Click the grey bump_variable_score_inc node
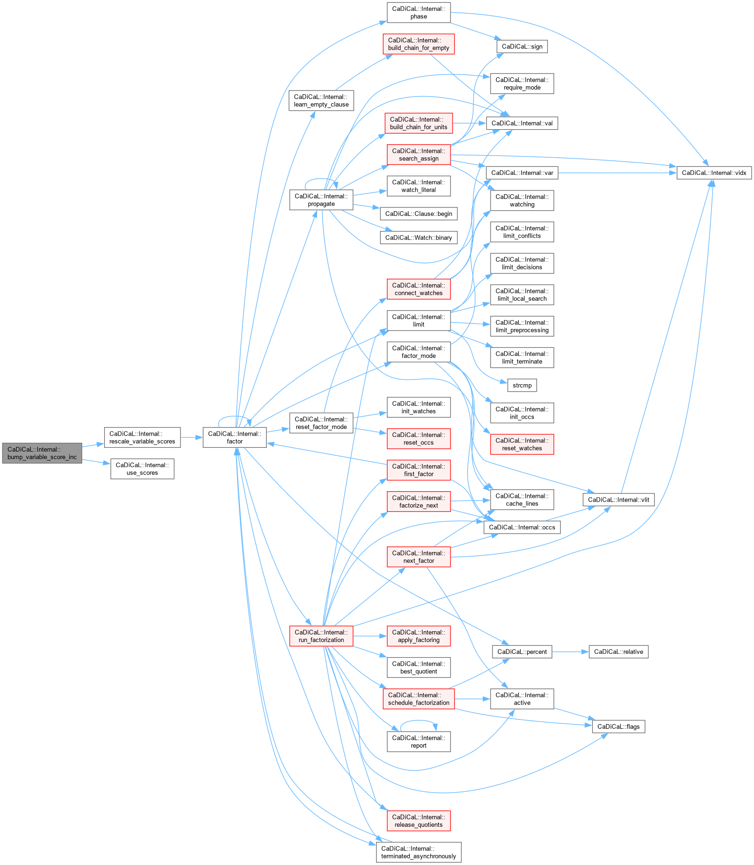tap(42, 453)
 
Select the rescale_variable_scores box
tap(142, 437)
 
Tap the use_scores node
tap(142, 469)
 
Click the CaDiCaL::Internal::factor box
tap(234, 437)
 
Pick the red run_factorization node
tap(321, 636)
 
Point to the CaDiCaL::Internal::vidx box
tap(713, 173)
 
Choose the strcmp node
tap(522, 385)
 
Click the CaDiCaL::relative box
tap(618, 651)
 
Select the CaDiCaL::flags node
tap(618, 726)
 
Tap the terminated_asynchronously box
tap(418, 852)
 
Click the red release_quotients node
tap(418, 821)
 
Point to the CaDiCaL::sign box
tap(522, 46)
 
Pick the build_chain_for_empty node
tap(418, 44)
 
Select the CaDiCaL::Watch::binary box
tap(418, 238)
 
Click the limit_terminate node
tap(522, 357)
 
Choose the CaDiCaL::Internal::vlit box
tap(618, 500)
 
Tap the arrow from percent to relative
tap(570, 651)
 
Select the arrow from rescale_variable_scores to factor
tap(191, 437)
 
